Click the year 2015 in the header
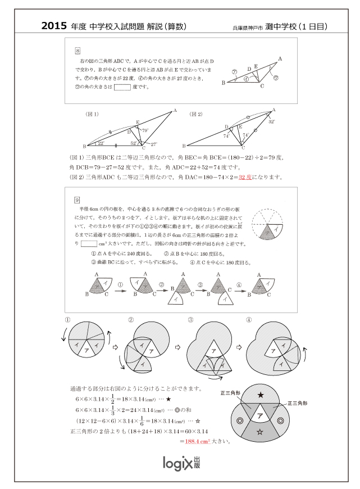point(54,26)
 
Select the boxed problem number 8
point(78,51)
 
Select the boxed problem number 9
point(78,200)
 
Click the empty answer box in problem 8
point(122,87)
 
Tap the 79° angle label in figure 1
point(144,130)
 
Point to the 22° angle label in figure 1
point(101,143)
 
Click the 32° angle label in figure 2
point(272,121)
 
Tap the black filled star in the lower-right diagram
point(260,396)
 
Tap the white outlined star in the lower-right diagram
point(259,432)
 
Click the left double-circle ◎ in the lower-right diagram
point(240,420)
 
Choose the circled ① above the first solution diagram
point(67,320)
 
